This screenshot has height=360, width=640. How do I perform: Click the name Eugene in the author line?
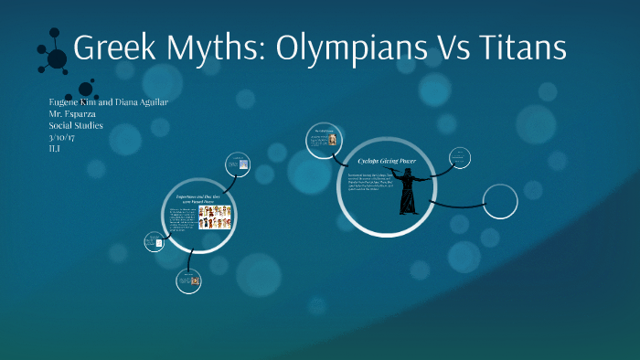67,101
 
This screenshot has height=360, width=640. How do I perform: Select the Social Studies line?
80,124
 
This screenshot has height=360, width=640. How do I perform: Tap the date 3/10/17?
63,135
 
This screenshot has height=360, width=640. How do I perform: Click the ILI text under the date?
55,146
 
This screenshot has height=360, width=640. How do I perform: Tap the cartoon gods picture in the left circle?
215,217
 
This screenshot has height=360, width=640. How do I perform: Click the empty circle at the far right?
500,201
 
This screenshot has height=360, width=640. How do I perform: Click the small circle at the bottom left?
187,283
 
